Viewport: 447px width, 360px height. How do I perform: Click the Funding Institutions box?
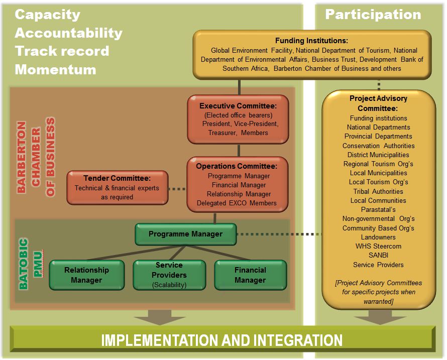pos(312,54)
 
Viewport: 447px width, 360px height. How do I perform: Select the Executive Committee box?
pos(238,119)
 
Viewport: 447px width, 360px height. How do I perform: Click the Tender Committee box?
pos(117,187)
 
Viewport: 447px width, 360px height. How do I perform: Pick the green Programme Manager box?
pos(185,234)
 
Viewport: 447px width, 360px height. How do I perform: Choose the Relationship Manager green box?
pos(86,275)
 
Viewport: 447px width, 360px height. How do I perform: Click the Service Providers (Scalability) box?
pos(169,275)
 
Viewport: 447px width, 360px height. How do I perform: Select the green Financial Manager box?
pos(250,275)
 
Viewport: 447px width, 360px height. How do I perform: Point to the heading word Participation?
pos(373,14)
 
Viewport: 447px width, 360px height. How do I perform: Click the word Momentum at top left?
pos(55,69)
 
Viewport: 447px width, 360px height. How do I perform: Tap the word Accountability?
pos(68,33)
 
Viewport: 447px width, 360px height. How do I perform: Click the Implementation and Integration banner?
pos(222,340)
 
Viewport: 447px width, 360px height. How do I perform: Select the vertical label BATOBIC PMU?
pos(30,264)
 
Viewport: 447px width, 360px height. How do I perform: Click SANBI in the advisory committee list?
pos(378,256)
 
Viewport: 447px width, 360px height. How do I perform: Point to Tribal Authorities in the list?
pos(378,191)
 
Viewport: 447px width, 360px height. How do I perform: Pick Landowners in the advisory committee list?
pos(378,237)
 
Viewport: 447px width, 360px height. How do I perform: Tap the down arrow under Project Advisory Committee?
pos(387,317)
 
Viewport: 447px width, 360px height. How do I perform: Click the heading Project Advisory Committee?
pos(378,103)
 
